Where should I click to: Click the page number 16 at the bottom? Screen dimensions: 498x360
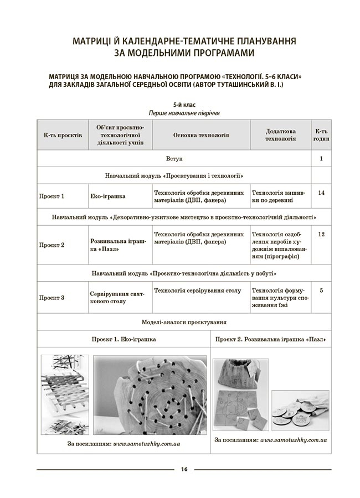pyautogui.click(x=184, y=470)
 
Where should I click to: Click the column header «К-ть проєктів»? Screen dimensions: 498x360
pyautogui.click(x=63, y=135)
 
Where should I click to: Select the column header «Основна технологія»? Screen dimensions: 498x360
pyautogui.click(x=201, y=135)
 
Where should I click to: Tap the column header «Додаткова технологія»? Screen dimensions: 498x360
pyautogui.click(x=280, y=135)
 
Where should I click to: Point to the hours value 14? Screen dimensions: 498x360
pyautogui.click(x=321, y=192)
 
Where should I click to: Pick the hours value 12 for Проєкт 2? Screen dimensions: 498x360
pyautogui.click(x=321, y=234)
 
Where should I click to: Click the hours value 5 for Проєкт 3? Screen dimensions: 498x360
pyautogui.click(x=321, y=290)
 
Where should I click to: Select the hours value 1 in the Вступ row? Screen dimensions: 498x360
pyautogui.click(x=321, y=159)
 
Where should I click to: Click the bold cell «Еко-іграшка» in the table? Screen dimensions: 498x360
pyautogui.click(x=107, y=196)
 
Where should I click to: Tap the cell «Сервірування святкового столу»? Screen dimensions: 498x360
pyautogui.click(x=117, y=298)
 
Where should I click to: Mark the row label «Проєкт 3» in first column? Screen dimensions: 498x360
pyautogui.click(x=52, y=298)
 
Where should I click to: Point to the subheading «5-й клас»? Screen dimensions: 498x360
pyautogui.click(x=184, y=104)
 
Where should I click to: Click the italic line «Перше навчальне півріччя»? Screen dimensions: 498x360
pyautogui.click(x=184, y=112)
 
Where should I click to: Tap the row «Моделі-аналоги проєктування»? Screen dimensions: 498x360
pyautogui.click(x=184, y=322)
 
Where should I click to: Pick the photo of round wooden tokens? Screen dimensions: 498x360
pyautogui.click(x=300, y=410)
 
